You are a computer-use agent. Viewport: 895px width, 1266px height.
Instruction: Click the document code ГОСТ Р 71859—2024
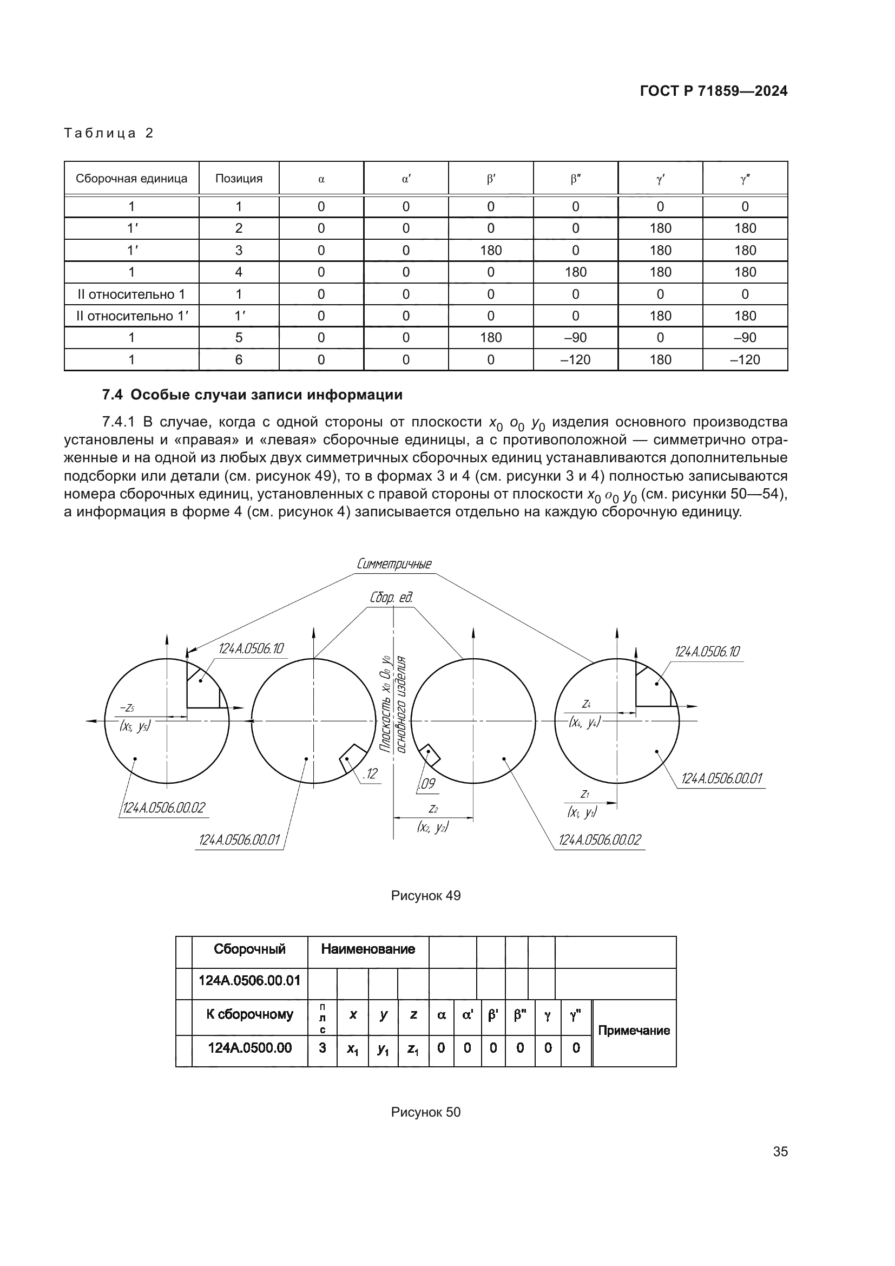713,91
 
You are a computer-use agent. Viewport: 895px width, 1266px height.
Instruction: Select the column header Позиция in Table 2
239,179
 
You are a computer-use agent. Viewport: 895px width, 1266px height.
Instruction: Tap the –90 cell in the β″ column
575,337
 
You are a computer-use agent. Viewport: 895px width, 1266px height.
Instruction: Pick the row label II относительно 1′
131,316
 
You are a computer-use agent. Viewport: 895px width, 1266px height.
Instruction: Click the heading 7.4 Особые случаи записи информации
252,395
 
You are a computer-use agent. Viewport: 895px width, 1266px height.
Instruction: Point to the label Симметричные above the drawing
394,563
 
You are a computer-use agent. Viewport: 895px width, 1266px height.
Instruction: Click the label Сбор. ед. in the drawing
391,598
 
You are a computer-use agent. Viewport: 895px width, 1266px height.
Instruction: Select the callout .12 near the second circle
370,773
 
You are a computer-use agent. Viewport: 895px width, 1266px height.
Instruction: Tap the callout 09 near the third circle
427,784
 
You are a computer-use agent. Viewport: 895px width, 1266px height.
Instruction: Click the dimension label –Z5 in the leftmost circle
127,708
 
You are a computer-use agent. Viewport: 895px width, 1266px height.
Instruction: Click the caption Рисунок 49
425,895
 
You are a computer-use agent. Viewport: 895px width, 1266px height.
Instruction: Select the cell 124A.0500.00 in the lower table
249,1048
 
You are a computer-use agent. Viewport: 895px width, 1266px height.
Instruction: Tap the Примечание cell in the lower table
634,1031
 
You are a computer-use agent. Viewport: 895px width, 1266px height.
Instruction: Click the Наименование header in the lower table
367,949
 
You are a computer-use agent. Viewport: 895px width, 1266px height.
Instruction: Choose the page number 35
780,1151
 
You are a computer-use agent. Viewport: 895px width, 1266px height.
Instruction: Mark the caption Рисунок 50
425,1112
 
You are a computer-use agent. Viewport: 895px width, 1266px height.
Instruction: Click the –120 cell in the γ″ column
745,359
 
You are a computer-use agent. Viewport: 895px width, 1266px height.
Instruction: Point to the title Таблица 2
109,133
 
